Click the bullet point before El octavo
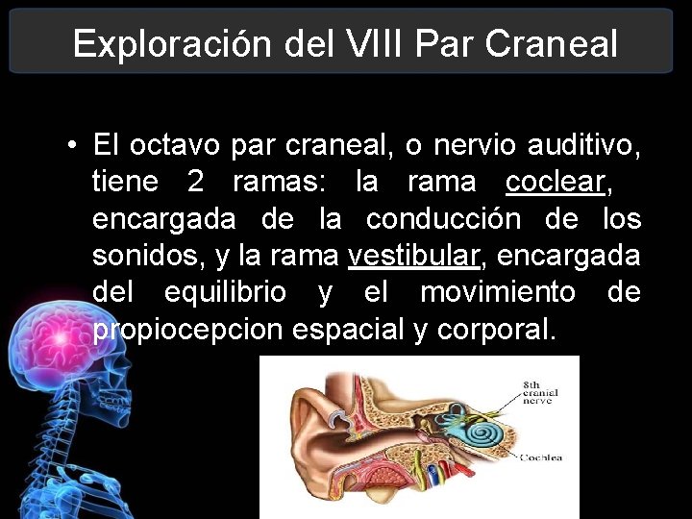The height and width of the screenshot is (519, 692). click(x=73, y=145)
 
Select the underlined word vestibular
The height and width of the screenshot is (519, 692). click(x=412, y=256)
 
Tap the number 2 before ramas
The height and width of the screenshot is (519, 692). click(x=194, y=183)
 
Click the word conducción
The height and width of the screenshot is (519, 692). click(x=442, y=219)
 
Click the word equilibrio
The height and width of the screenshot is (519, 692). click(x=225, y=292)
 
